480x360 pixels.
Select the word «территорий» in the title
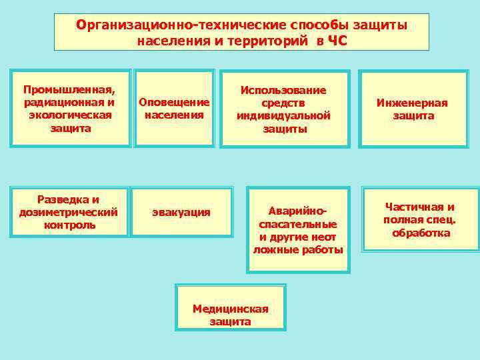pyautogui.click(x=266, y=41)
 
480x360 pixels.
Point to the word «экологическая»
pyautogui.click(x=69, y=115)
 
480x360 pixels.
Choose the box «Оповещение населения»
pyautogui.click(x=174, y=108)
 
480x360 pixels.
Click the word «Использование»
pyautogui.click(x=283, y=90)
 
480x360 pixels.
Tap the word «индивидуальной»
pyautogui.click(x=283, y=115)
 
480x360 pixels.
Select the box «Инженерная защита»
pyautogui.click(x=412, y=109)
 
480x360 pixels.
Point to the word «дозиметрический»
pyautogui.click(x=69, y=212)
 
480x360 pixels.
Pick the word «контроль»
pyautogui.click(x=69, y=225)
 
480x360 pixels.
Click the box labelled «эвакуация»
pyautogui.click(x=181, y=212)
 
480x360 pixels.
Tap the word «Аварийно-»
pyautogui.click(x=298, y=211)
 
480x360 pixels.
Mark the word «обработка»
pyautogui.click(x=421, y=233)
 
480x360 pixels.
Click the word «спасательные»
pyautogui.click(x=297, y=225)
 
